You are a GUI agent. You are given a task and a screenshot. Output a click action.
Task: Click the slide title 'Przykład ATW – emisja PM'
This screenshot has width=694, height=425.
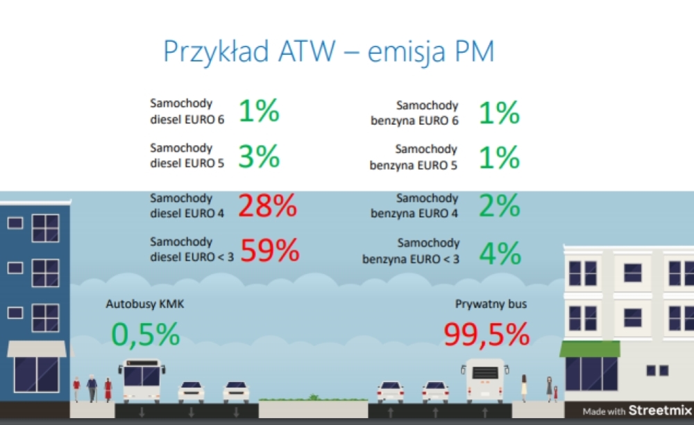coord(328,52)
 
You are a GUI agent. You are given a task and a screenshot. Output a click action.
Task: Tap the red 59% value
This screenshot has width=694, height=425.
coord(270,250)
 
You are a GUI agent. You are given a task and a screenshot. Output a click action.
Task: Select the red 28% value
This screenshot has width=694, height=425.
coord(268,206)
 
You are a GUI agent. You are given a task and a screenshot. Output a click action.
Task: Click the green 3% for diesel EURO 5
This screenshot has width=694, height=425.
coord(259,157)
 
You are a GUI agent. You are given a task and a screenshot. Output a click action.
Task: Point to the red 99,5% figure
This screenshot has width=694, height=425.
coord(486,336)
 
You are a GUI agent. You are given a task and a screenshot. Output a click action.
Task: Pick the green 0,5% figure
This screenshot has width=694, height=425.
coord(146,336)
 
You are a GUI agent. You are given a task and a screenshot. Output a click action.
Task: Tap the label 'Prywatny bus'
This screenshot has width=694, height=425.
coord(486,304)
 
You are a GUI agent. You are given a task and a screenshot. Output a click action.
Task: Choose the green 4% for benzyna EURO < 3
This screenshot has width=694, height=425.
coord(500,254)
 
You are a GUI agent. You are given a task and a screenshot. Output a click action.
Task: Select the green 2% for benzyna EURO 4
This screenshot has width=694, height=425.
coord(500,206)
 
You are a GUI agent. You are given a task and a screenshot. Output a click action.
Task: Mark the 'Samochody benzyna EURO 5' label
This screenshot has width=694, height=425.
coord(414,157)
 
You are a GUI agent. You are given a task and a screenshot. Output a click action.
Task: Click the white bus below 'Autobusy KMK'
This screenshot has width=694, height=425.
coord(142,379)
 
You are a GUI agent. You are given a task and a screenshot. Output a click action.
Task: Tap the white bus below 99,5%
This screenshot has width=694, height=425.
coord(485,379)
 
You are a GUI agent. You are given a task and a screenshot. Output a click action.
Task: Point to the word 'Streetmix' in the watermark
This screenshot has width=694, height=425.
coord(660,410)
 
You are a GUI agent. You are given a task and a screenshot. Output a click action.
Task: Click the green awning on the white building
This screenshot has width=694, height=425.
coord(590,349)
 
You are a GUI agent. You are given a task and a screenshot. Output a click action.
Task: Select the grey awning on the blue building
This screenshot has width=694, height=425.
coord(36,349)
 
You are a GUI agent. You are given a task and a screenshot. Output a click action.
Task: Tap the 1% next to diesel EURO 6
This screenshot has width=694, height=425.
coord(259,111)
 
